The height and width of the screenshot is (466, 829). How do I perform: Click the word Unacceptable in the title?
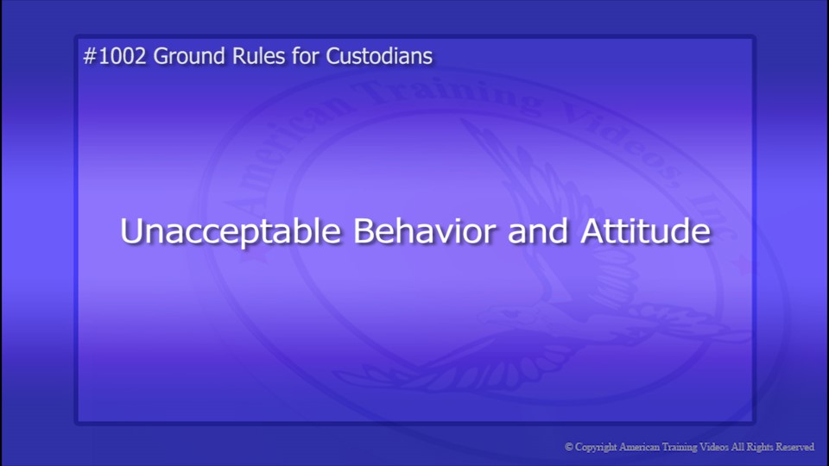click(229, 232)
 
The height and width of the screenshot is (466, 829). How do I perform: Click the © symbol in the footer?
click(569, 447)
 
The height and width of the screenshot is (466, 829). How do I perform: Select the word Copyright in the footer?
click(597, 447)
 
